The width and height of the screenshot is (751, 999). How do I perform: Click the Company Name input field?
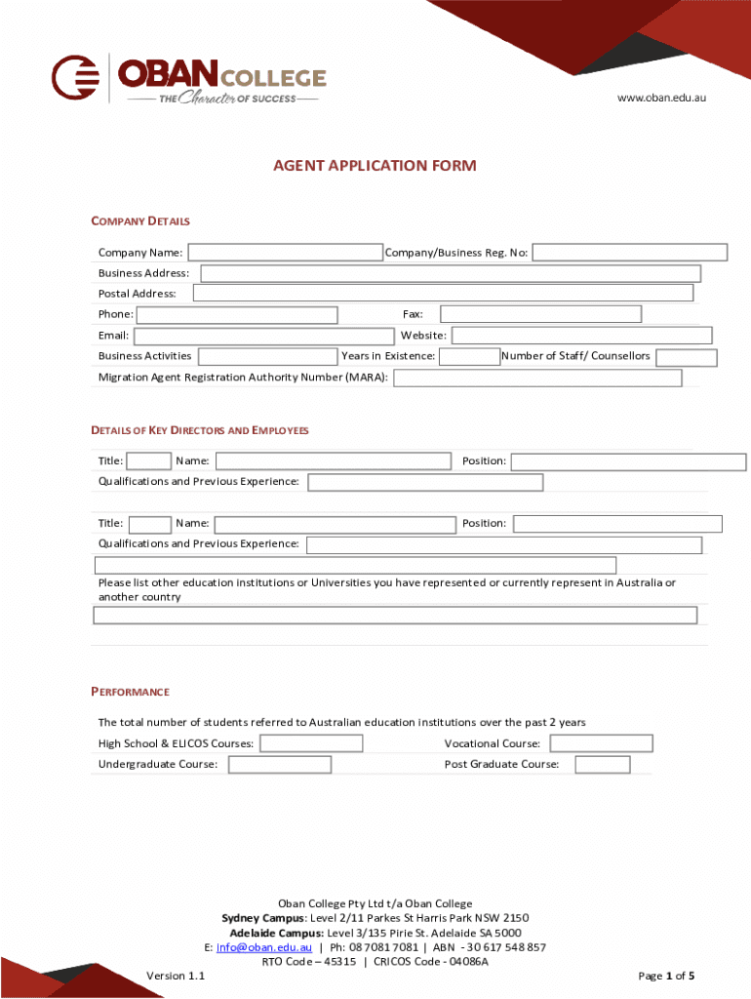[x=285, y=253]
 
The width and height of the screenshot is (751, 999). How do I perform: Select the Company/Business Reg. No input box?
[x=629, y=253]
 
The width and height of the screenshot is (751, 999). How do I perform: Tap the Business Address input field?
[x=450, y=273]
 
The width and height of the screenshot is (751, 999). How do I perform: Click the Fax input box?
[x=540, y=314]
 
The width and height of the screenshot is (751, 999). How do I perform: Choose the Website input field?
[x=581, y=336]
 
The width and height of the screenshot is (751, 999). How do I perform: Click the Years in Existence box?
[x=468, y=357]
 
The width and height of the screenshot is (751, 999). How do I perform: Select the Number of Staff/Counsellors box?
[x=686, y=357]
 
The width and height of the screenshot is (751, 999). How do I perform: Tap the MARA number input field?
[x=536, y=378]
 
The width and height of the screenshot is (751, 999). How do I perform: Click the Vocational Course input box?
[x=601, y=744]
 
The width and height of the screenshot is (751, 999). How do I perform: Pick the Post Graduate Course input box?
[x=602, y=765]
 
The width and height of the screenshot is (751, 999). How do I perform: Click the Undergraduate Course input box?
[x=279, y=765]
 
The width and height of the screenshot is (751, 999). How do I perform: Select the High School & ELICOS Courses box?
[x=311, y=744]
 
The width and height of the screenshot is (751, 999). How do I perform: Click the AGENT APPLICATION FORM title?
[x=375, y=166]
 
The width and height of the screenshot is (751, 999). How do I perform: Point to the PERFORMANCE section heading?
[x=130, y=692]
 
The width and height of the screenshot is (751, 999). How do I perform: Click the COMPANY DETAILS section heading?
[x=140, y=221]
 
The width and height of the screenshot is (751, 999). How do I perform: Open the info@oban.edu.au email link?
[x=263, y=947]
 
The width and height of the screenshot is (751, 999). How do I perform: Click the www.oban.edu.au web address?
[x=660, y=99]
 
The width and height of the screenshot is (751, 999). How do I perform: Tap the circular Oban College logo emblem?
[x=76, y=77]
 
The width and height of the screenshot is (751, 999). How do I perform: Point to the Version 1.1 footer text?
[x=176, y=976]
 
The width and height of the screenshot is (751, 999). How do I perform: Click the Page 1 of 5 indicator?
[x=666, y=976]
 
